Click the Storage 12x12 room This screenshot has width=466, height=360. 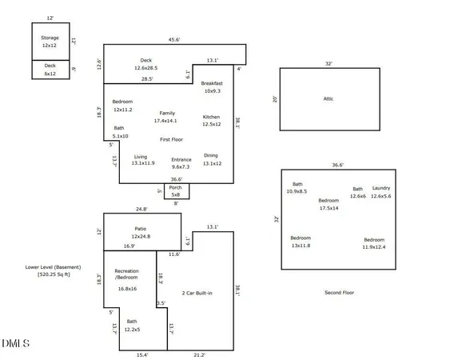pos(50,42)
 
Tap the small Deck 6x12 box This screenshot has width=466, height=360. pos(50,70)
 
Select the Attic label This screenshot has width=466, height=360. pos(328,98)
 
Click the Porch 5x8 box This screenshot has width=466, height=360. pos(176,190)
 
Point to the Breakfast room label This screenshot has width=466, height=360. pos(212,84)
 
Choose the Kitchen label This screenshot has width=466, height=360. pos(211,117)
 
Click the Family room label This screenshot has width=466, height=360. pos(167,114)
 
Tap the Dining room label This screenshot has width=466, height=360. pos(211,156)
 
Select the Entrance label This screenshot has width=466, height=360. pos(181,160)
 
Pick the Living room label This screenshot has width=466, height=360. pos(141,157)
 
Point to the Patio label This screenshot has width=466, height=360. pos(141,229)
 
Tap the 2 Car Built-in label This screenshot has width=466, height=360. pos(197,294)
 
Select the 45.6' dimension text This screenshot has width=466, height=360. pos(174,39)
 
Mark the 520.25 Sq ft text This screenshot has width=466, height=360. pos(54,274)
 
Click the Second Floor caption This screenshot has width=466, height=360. pos(339,293)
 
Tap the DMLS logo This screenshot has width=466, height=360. pos(16,343)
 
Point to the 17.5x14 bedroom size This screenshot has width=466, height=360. pos(329,208)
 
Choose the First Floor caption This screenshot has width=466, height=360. pos(173,139)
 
